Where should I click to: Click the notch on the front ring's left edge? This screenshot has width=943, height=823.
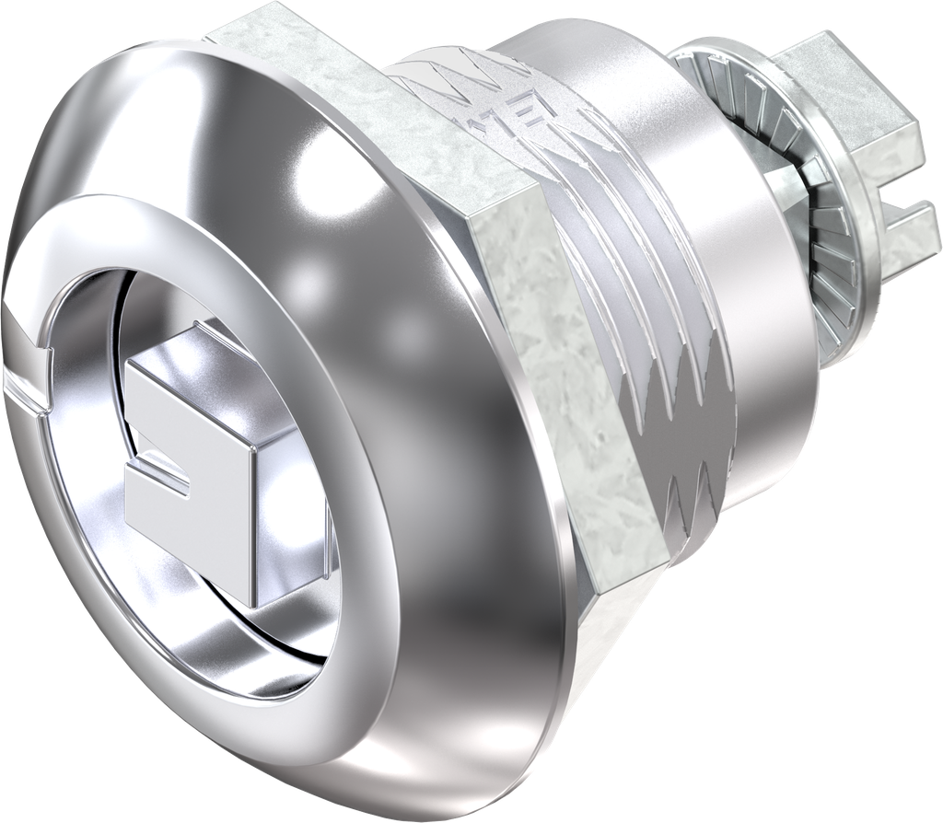[28, 392]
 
